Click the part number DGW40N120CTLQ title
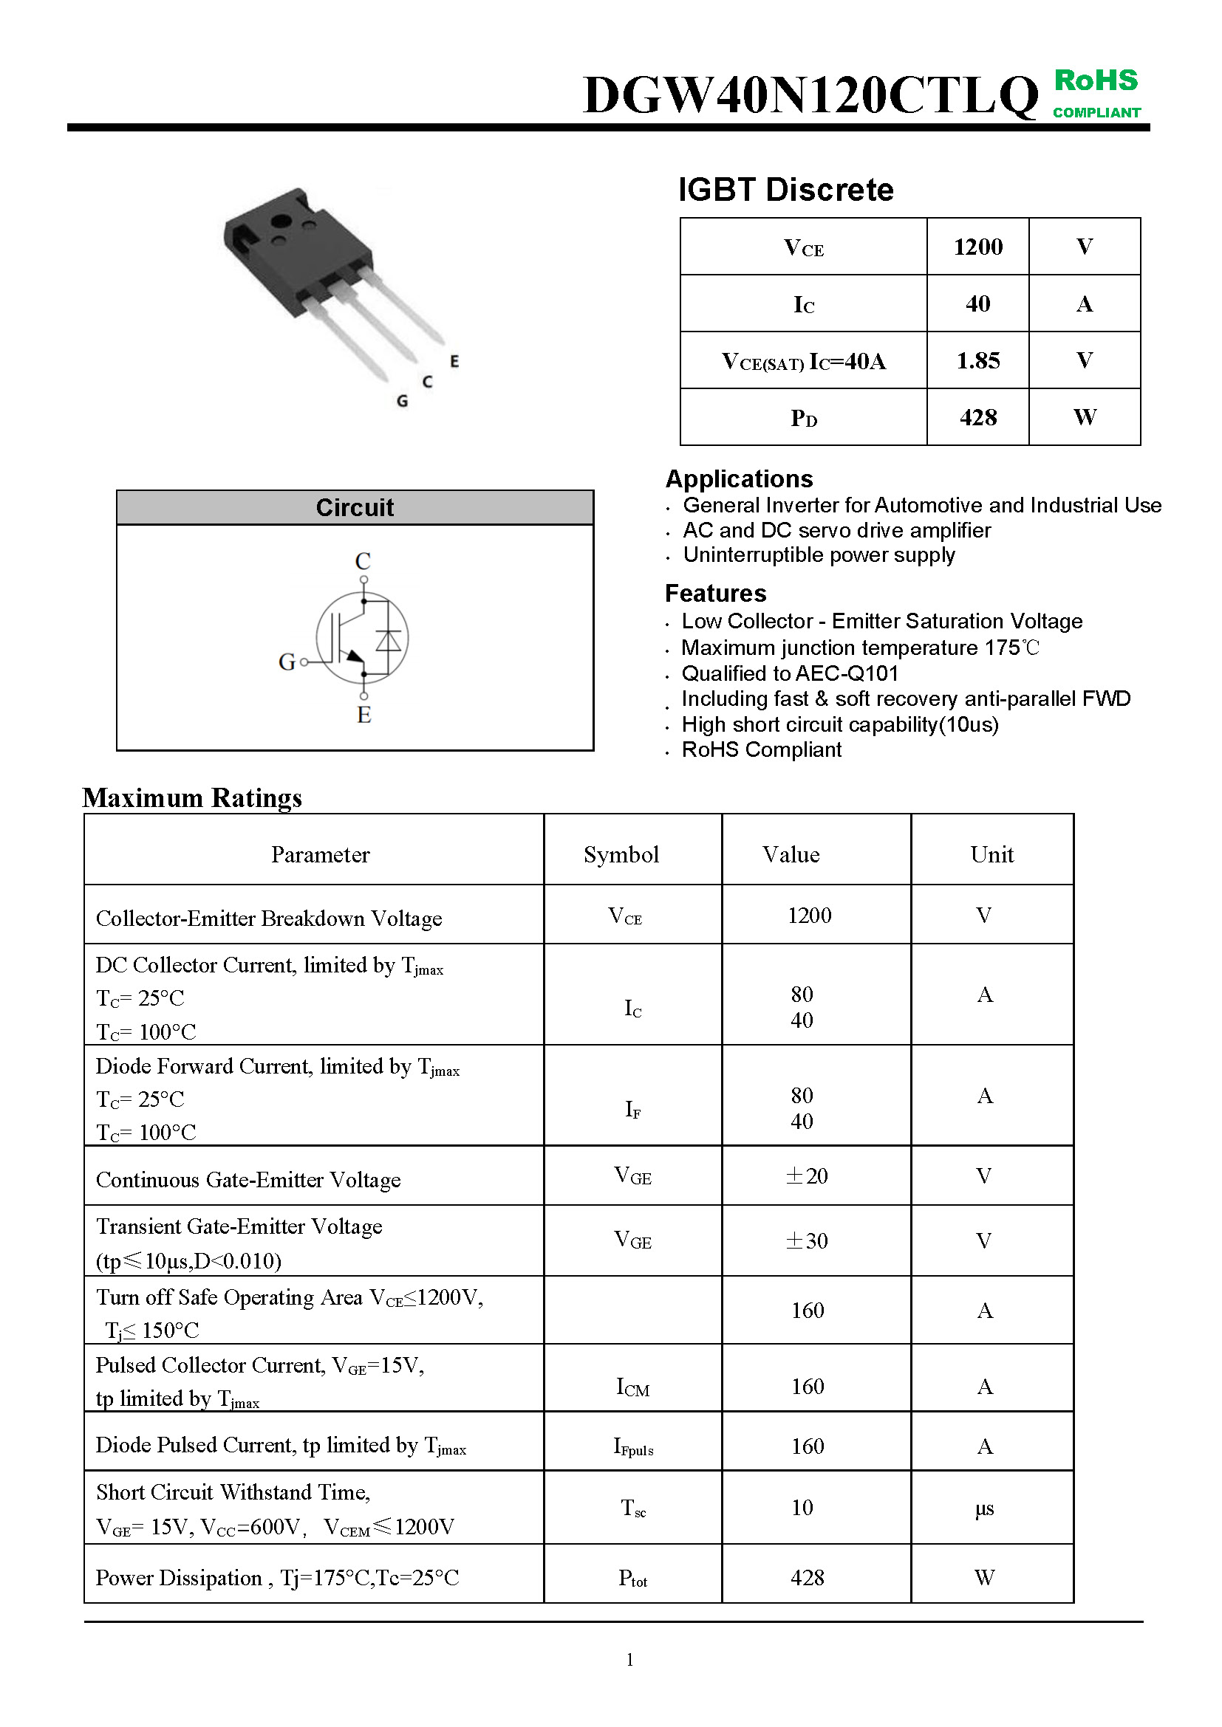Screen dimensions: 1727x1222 click(x=810, y=95)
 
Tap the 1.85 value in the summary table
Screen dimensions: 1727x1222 click(x=977, y=361)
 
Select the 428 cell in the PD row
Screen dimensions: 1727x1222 click(x=977, y=417)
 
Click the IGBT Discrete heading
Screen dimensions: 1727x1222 click(x=785, y=190)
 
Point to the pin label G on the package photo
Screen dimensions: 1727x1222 click(x=403, y=402)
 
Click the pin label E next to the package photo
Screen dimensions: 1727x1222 click(x=454, y=362)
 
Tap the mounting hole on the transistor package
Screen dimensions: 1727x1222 click(x=281, y=222)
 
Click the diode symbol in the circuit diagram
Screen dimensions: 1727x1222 click(x=389, y=639)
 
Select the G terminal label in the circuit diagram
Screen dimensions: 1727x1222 click(x=287, y=662)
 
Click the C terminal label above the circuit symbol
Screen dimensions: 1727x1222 click(x=363, y=561)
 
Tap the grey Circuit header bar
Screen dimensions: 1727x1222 click(x=355, y=508)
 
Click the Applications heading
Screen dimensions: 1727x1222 click(x=739, y=479)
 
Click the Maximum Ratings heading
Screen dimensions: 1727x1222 click(x=193, y=798)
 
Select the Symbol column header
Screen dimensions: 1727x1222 click(x=621, y=854)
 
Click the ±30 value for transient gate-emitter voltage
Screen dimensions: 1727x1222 click(x=807, y=1240)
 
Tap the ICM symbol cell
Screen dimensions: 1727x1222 click(x=632, y=1387)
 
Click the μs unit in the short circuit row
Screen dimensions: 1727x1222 click(x=984, y=1508)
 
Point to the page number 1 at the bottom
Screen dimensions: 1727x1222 click(x=629, y=1659)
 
